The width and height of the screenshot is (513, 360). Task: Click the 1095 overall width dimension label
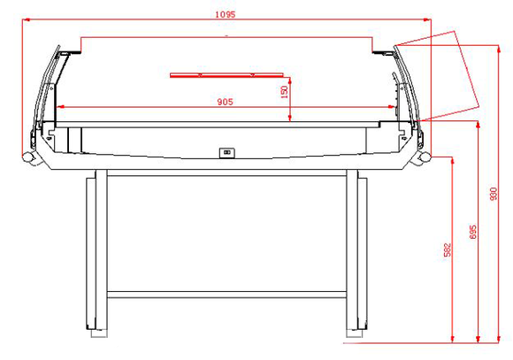[225, 14]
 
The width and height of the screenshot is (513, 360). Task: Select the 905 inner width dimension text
[225, 102]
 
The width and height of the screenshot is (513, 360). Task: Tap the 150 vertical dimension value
[284, 92]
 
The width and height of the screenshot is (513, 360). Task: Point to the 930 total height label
[494, 194]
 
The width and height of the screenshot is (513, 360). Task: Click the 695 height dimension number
[473, 232]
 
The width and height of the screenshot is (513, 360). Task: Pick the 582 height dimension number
[448, 249]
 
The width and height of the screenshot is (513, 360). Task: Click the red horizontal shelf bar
[226, 75]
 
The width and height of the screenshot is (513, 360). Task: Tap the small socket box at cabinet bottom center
[227, 152]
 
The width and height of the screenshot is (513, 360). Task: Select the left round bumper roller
[28, 157]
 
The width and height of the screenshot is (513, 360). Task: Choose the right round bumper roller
[424, 157]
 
